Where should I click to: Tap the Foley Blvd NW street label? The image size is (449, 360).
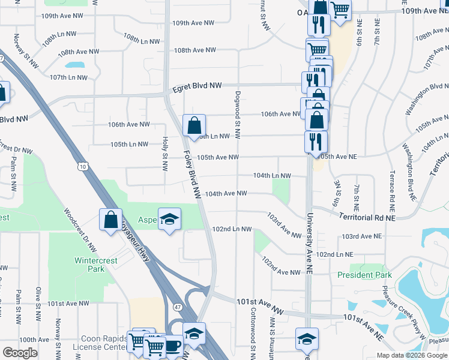191,175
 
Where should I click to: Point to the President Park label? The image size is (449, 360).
364,275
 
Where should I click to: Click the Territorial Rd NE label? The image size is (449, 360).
366,217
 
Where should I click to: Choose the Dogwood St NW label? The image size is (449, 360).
238,114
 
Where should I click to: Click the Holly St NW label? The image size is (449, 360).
164,153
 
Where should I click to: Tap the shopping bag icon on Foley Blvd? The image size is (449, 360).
194,126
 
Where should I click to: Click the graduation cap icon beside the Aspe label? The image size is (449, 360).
169,219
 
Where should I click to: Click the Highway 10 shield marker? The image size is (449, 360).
82,164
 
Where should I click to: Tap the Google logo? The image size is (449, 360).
20,353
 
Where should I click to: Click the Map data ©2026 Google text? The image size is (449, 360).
411,355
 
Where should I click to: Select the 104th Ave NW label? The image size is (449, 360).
226,194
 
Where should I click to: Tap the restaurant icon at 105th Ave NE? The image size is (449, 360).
315,142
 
